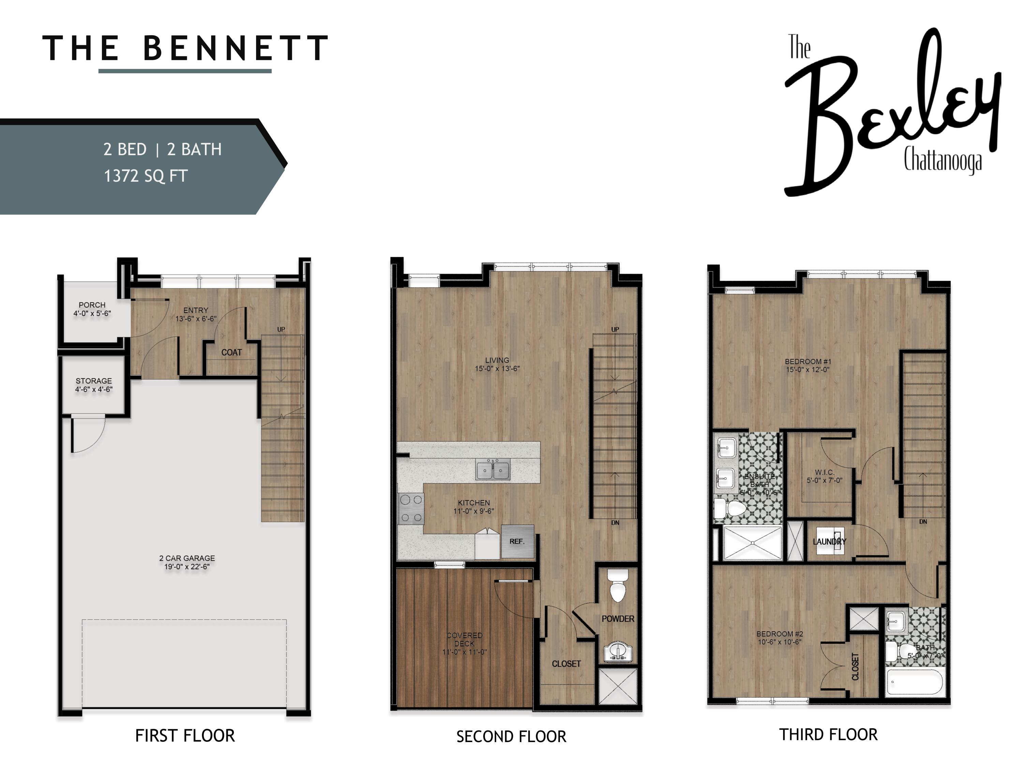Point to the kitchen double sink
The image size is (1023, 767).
tap(493, 470)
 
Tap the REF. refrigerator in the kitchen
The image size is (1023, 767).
tap(518, 541)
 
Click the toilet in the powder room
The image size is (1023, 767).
tap(618, 586)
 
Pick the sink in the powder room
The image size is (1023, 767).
tap(618, 651)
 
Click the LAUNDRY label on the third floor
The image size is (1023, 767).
tap(830, 541)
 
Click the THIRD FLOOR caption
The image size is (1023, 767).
tap(828, 735)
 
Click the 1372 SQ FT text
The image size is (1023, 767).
tap(146, 176)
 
